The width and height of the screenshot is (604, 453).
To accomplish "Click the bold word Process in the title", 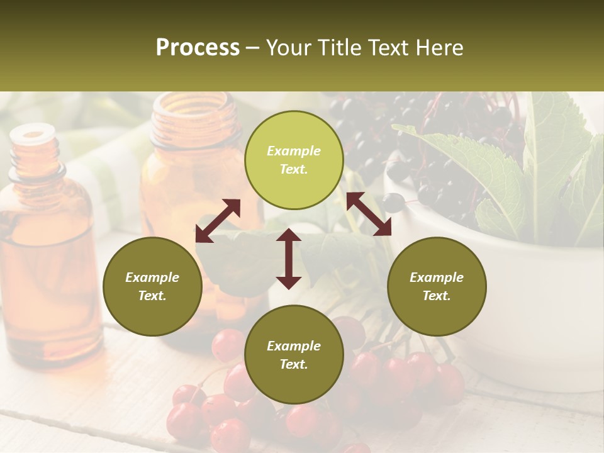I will click(198, 48).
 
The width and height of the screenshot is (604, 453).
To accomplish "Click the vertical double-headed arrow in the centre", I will click(289, 259).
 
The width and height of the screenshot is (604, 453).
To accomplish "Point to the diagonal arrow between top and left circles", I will click(218, 221).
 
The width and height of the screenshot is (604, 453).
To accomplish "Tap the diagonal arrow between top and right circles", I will click(369, 214).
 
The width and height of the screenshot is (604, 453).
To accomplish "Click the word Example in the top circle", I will click(294, 151).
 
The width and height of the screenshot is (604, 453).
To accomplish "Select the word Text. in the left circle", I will click(152, 296).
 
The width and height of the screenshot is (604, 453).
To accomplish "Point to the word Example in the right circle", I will click(437, 277).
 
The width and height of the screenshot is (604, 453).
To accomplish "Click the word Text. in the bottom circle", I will click(294, 364).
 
